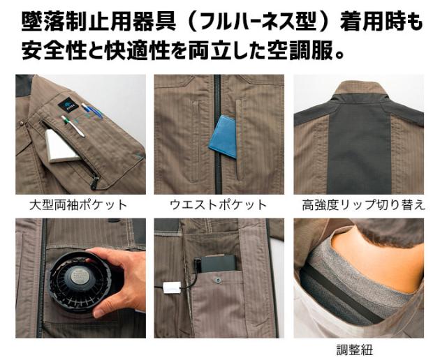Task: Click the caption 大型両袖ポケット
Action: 78,205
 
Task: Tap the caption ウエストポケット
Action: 218,205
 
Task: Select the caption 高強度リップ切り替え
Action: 363,205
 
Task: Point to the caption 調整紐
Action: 355,350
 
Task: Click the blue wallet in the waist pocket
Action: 223,137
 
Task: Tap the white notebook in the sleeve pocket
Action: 63,146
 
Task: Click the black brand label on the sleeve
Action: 68,105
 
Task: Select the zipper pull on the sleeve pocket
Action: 94,183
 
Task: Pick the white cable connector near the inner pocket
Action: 171,287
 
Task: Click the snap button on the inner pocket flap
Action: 217,280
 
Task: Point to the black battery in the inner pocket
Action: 218,263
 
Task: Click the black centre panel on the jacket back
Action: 359,148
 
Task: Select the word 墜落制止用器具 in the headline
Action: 98,22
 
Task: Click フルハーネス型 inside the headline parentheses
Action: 258,22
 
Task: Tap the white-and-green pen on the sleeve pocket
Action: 73,126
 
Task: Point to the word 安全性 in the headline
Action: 54,50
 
